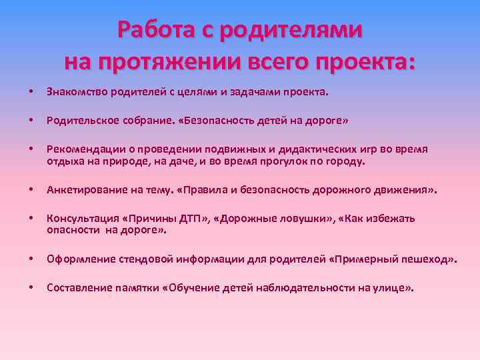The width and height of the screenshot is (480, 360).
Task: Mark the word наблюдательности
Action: pos(311,288)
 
